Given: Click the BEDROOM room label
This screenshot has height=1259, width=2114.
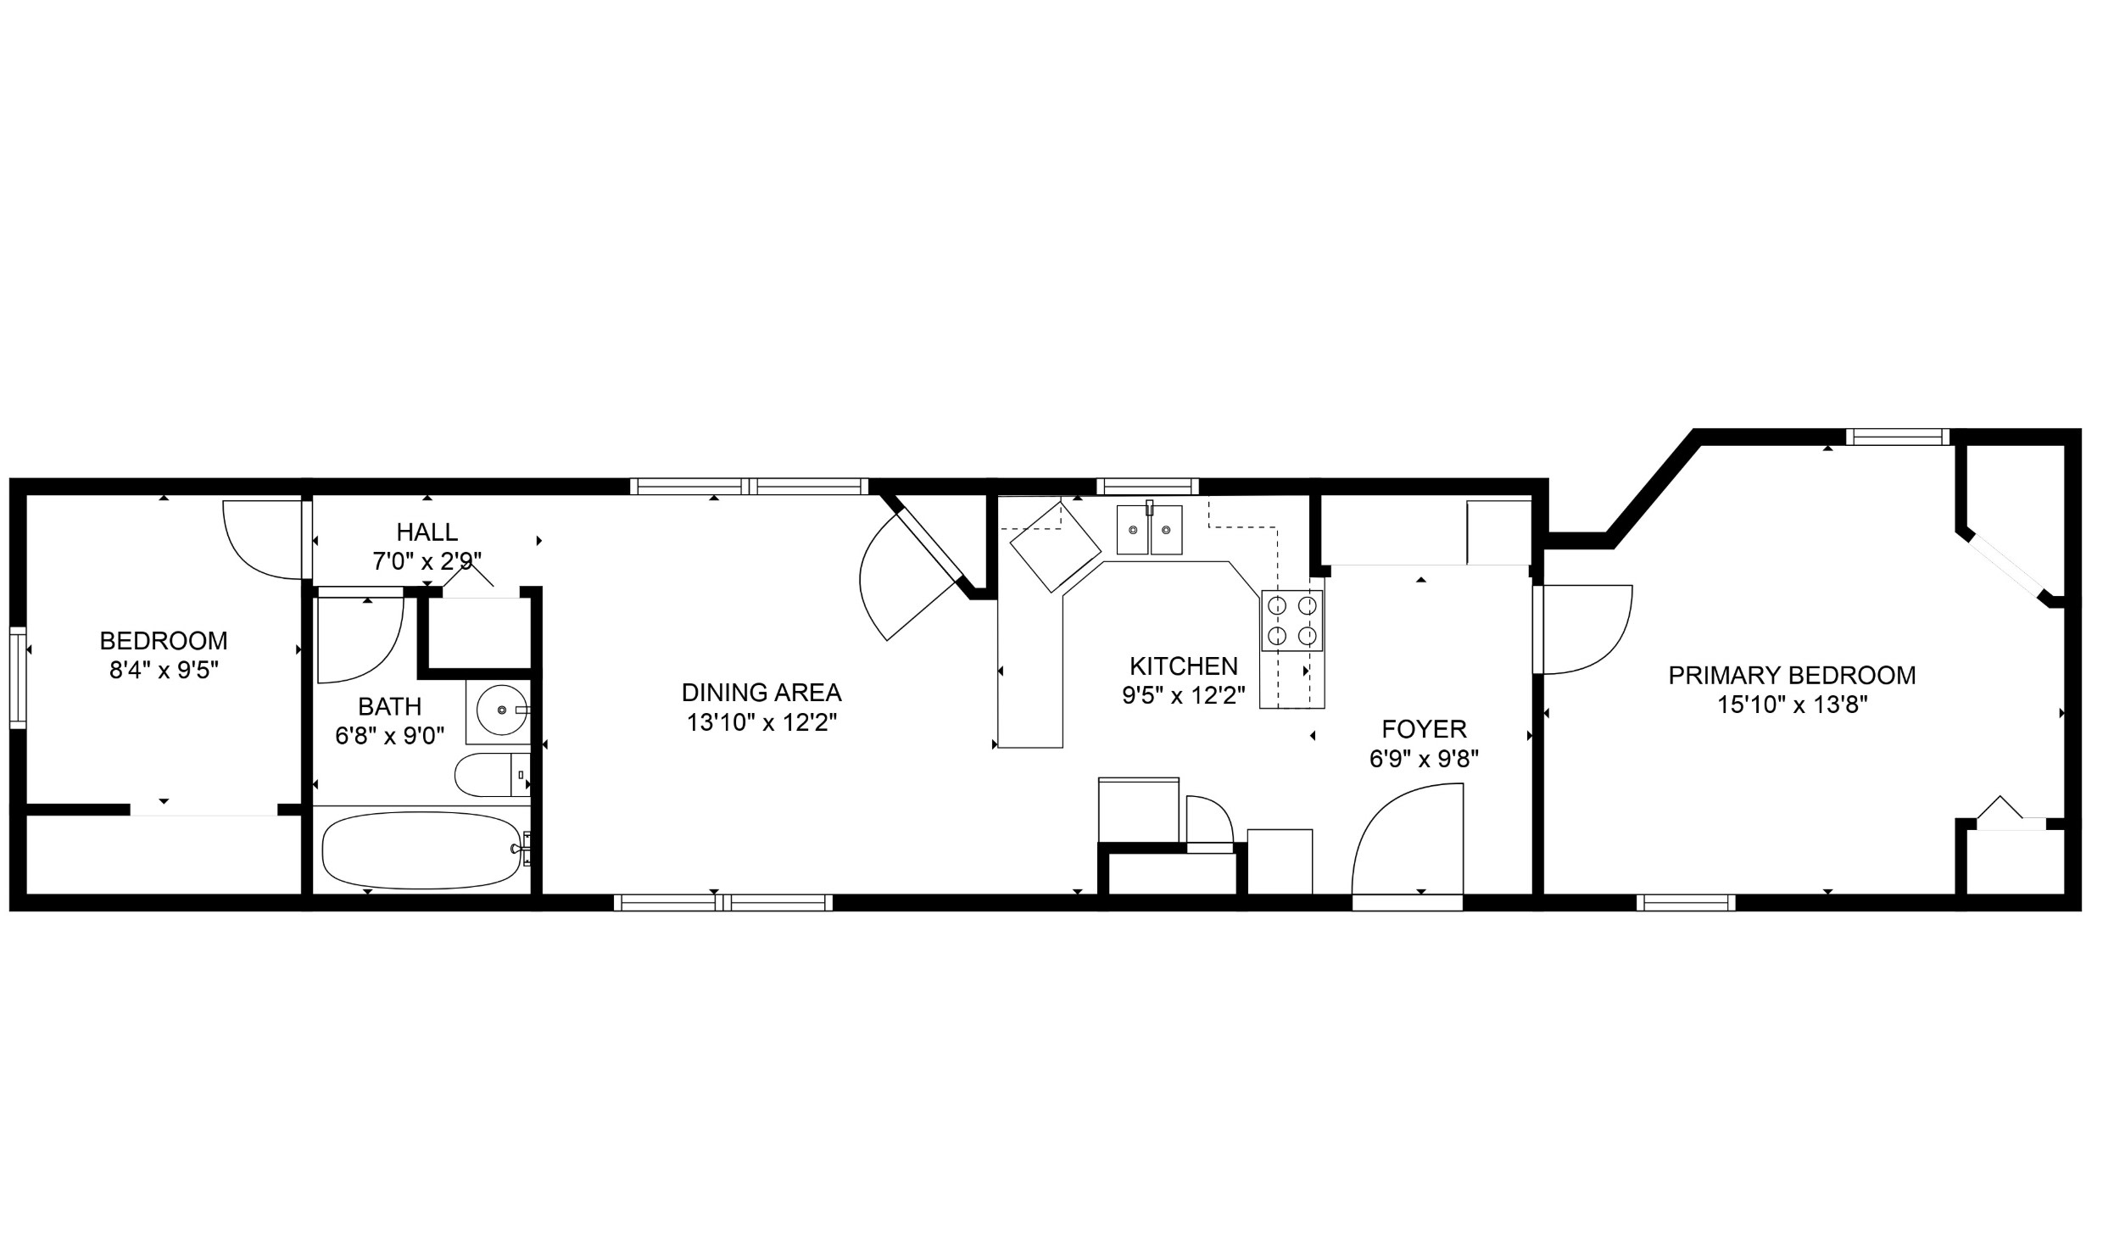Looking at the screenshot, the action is pyautogui.click(x=164, y=641).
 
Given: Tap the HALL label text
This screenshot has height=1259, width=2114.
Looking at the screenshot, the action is pyautogui.click(x=427, y=532).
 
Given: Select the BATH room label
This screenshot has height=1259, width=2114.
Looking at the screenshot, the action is pyautogui.click(x=389, y=707).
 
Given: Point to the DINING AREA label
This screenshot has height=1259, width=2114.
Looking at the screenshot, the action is pyautogui.click(x=761, y=694).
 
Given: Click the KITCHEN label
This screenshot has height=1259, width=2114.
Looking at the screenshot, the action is pyautogui.click(x=1184, y=666).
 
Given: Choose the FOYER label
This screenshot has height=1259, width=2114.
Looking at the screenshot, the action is pyautogui.click(x=1425, y=729).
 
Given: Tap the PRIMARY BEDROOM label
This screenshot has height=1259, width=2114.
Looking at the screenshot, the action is pyautogui.click(x=1793, y=676).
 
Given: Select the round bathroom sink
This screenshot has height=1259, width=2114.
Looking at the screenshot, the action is pyautogui.click(x=502, y=710).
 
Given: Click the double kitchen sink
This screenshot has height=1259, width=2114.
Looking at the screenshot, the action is pyautogui.click(x=1149, y=529).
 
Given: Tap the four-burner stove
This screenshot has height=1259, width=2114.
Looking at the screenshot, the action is pyautogui.click(x=1292, y=620).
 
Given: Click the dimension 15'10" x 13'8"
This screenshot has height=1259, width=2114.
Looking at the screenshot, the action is pyautogui.click(x=1793, y=705).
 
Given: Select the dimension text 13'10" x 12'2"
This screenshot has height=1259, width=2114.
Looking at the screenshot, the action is pyautogui.click(x=761, y=723).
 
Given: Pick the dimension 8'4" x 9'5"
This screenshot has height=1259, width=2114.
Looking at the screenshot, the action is pyautogui.click(x=164, y=671).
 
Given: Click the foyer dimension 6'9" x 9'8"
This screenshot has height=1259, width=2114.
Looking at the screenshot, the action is pyautogui.click(x=1425, y=759).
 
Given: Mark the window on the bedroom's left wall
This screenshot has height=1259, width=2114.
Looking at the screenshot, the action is pyautogui.click(x=18, y=677).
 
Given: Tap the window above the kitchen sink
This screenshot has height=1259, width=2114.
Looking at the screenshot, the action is pyautogui.click(x=1148, y=486).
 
